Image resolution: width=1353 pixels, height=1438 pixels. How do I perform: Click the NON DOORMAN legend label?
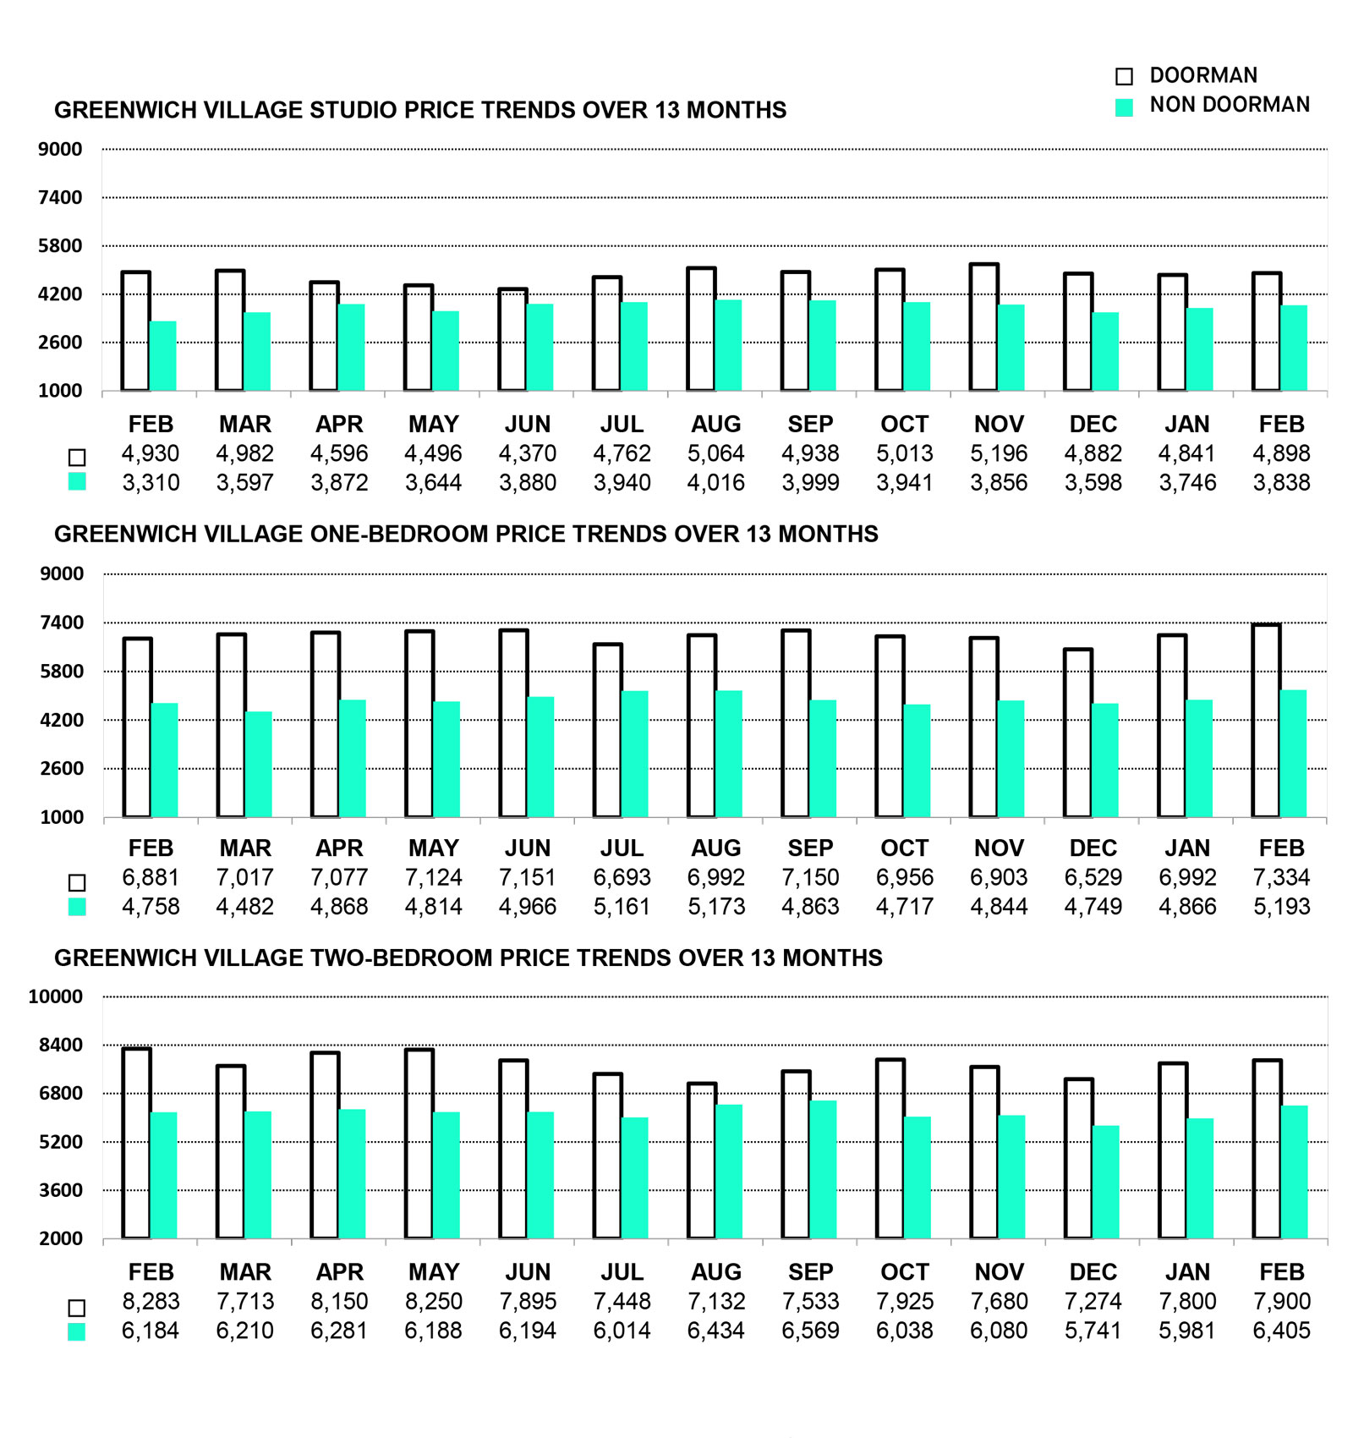pyautogui.click(x=1229, y=105)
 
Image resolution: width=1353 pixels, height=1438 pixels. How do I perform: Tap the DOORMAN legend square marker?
pyautogui.click(x=1124, y=76)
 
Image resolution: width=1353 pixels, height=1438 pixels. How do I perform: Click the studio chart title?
pyautogui.click(x=420, y=110)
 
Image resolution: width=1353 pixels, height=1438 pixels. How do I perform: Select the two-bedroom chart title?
pyautogui.click(x=468, y=958)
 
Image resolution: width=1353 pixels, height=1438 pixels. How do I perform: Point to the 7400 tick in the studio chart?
pyautogui.click(x=60, y=198)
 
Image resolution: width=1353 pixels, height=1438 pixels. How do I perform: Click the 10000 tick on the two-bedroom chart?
pyautogui.click(x=56, y=996)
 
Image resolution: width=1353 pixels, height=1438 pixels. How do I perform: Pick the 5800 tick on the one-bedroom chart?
pyautogui.click(x=62, y=672)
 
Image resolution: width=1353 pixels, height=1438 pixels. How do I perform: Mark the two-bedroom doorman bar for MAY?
pyautogui.click(x=419, y=1144)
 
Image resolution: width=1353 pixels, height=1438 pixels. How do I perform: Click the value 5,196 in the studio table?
pyautogui.click(x=999, y=453)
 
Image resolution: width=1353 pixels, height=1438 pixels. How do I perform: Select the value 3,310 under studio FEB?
pyautogui.click(x=151, y=483)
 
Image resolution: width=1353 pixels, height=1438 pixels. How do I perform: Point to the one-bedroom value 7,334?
pyautogui.click(x=1281, y=877)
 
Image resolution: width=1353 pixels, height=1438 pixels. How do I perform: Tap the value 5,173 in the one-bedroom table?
pyautogui.click(x=716, y=907)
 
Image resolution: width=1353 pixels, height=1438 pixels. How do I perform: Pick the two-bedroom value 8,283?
pyautogui.click(x=151, y=1302)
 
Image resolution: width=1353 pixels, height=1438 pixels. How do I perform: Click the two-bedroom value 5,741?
pyautogui.click(x=1093, y=1331)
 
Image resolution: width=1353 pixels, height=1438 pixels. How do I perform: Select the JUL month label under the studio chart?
pyautogui.click(x=622, y=424)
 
